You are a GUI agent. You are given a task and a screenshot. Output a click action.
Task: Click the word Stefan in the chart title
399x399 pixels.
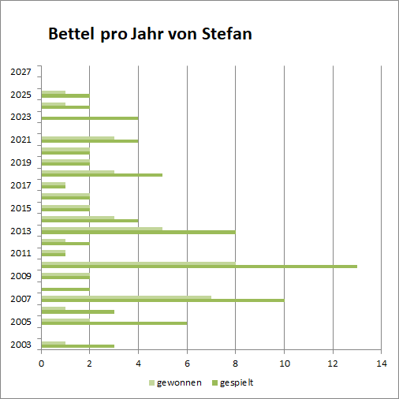coord(227,34)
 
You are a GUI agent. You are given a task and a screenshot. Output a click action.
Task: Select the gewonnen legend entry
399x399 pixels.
coord(175,382)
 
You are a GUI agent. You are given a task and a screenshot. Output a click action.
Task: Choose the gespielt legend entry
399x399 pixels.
coord(233,382)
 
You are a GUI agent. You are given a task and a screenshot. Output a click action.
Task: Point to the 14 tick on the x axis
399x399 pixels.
coord(382,364)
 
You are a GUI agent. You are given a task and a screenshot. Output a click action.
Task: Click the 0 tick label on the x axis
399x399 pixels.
coord(41,364)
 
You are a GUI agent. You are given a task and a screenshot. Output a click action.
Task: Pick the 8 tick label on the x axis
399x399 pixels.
coord(235,364)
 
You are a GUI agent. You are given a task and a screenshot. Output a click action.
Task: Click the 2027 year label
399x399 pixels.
coord(21,72)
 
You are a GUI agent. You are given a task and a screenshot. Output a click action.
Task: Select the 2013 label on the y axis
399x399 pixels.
coord(21,231)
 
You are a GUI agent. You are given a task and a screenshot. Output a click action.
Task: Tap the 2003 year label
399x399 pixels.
coord(21,345)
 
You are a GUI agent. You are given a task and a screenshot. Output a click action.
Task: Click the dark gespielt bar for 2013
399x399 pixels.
coord(139,232)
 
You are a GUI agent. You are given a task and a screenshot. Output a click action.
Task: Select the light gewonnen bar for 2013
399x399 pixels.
coord(102,229)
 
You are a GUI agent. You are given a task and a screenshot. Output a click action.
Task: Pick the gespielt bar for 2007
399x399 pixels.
coord(163,300)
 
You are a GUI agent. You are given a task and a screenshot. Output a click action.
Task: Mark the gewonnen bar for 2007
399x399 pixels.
coord(126,297)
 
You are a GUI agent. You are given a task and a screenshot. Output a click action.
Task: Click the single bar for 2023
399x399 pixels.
coord(90,118)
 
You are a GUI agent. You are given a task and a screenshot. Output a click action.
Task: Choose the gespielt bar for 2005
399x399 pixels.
coord(114,323)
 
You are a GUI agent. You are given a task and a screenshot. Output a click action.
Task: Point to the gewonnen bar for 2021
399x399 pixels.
coord(78,138)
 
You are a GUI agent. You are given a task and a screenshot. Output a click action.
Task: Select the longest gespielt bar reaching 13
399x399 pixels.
coord(199,267)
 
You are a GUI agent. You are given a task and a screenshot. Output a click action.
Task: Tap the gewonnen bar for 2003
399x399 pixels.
coord(54,343)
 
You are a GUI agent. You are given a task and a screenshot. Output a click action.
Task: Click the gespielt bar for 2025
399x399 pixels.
coord(65,95)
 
